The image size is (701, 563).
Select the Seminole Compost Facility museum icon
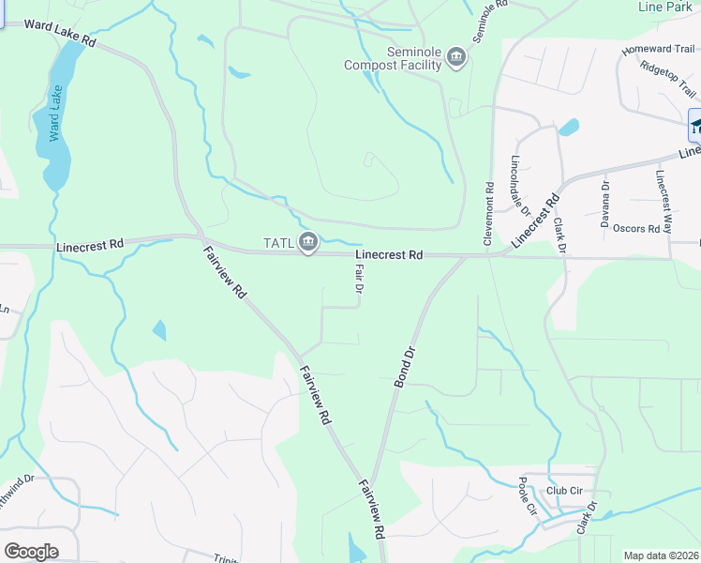click(456, 58)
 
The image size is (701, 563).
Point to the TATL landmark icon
click(307, 243)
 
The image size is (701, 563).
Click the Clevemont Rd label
click(488, 214)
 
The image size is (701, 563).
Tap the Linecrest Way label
click(664, 202)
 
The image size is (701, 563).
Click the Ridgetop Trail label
click(668, 79)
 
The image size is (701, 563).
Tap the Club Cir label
click(565, 490)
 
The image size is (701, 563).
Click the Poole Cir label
click(527, 495)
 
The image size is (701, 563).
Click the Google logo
click(31, 551)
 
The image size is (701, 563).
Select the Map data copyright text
click(662, 555)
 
